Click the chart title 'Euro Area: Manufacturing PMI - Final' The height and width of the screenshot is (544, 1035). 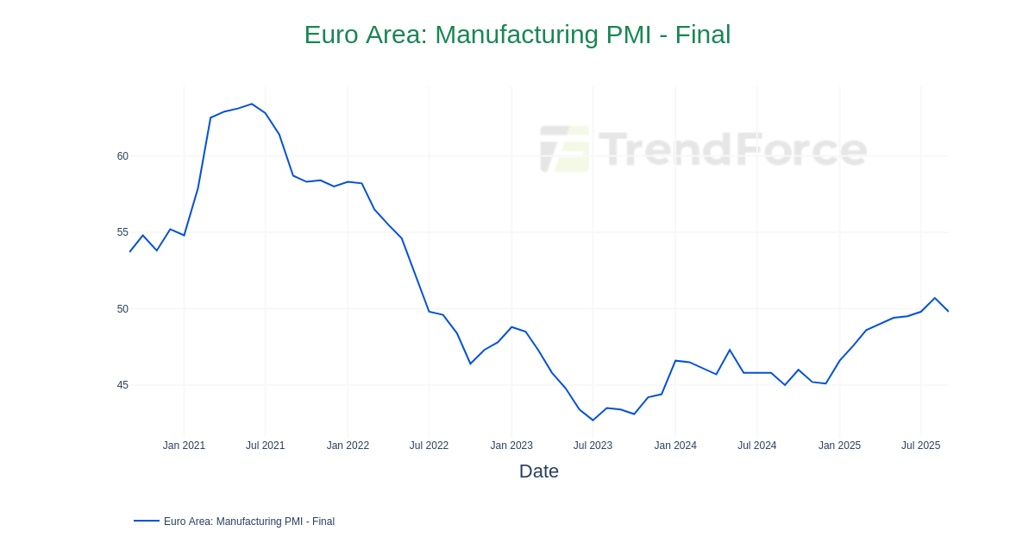click(x=517, y=35)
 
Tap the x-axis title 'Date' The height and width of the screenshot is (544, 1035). click(x=538, y=471)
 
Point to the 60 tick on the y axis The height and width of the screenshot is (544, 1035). click(x=122, y=156)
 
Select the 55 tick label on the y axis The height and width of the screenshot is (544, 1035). click(x=122, y=232)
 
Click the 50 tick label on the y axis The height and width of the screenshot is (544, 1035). click(x=122, y=309)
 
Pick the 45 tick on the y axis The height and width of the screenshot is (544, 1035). click(x=122, y=385)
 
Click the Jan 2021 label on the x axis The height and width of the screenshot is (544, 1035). click(x=184, y=446)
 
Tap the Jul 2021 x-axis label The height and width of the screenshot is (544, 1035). click(x=265, y=446)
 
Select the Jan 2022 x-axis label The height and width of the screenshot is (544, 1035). click(x=348, y=446)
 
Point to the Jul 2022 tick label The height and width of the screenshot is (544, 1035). click(x=429, y=446)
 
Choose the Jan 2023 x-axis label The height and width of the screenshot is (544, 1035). click(x=511, y=446)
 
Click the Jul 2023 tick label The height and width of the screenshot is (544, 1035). click(x=593, y=446)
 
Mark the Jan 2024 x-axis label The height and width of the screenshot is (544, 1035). click(x=675, y=446)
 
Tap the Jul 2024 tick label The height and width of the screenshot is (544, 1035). click(x=756, y=446)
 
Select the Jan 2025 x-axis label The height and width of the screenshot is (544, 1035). click(x=839, y=446)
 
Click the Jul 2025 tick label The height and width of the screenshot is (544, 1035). click(x=920, y=446)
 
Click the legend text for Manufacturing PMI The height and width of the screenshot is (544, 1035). click(x=248, y=522)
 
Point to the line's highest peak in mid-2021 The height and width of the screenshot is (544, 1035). click(x=252, y=104)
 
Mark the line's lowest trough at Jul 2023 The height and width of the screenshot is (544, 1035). click(x=593, y=420)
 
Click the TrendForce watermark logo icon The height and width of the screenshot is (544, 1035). click(x=565, y=149)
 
